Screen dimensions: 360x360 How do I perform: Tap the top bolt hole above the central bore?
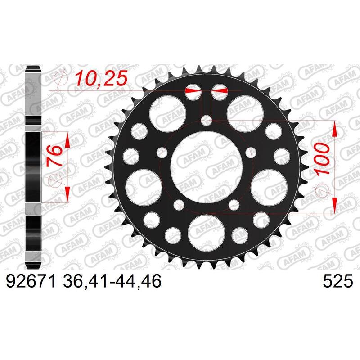click(207, 120)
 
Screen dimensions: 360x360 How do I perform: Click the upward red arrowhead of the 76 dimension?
click(67, 140)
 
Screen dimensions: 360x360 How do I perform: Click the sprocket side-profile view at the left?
click(34, 166)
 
